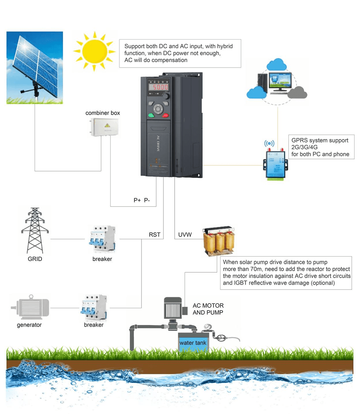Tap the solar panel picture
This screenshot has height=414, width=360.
[x=35, y=68]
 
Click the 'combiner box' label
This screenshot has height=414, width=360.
[x=103, y=113]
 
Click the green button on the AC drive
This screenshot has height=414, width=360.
[x=151, y=115]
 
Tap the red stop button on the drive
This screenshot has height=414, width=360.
[x=166, y=115]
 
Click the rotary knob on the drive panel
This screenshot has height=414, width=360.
[x=166, y=97]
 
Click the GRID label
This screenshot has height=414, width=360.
[x=35, y=259]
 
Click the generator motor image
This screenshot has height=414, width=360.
[x=30, y=308]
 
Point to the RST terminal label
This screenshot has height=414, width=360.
[x=154, y=235]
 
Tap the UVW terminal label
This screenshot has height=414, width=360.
[x=185, y=235]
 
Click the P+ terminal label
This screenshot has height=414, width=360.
[x=137, y=200]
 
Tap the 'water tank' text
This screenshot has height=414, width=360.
[x=193, y=343]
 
